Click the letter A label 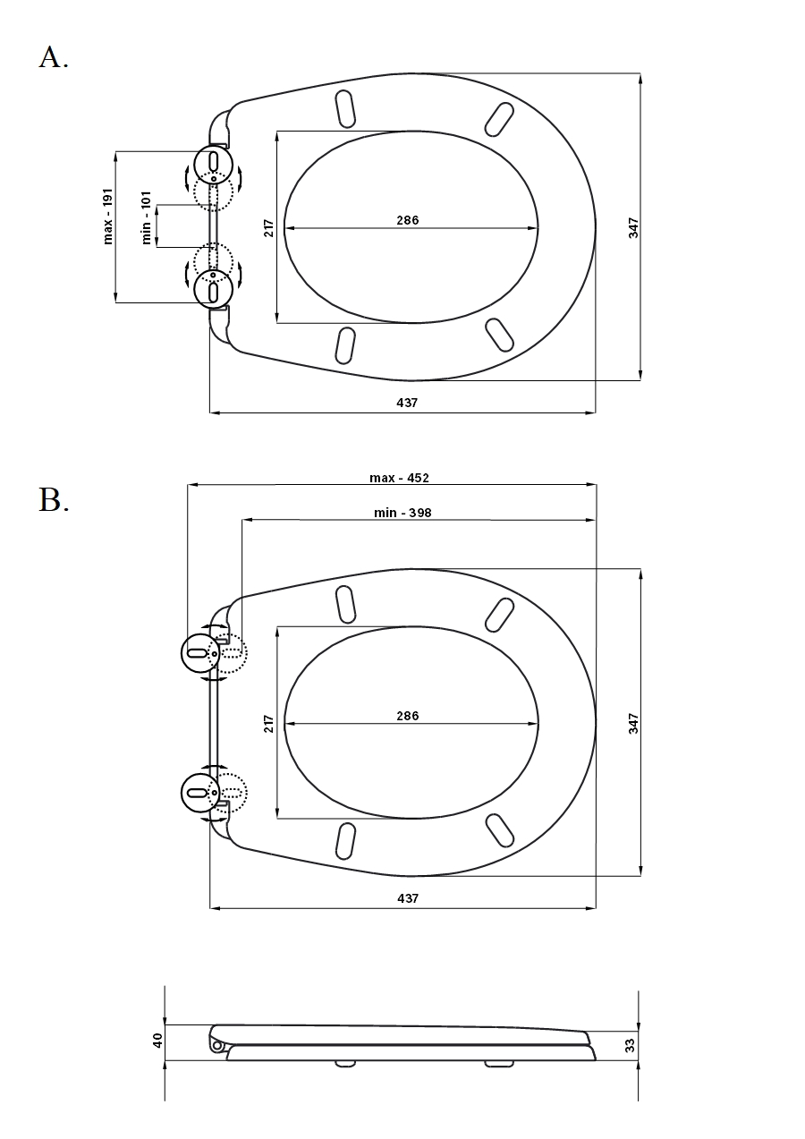(x=54, y=57)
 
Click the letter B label (x=54, y=500)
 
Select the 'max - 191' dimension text (x=107, y=217)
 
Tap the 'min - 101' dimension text (x=147, y=217)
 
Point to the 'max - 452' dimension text (x=399, y=478)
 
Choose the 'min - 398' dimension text (x=402, y=513)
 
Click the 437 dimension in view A (x=407, y=403)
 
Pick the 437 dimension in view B (x=408, y=898)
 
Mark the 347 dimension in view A (x=633, y=228)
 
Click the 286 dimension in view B (x=408, y=716)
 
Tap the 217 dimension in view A (x=269, y=228)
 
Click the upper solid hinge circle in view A (x=214, y=146)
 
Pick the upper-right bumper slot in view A (x=500, y=120)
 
